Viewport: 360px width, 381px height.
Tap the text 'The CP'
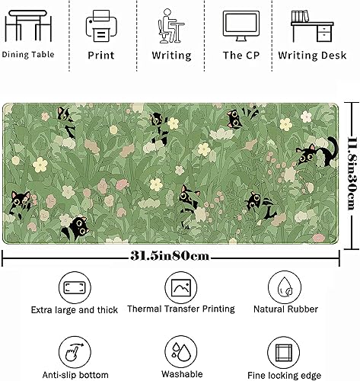243,56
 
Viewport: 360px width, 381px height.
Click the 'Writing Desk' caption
313,56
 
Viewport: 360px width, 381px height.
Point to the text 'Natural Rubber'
286,310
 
